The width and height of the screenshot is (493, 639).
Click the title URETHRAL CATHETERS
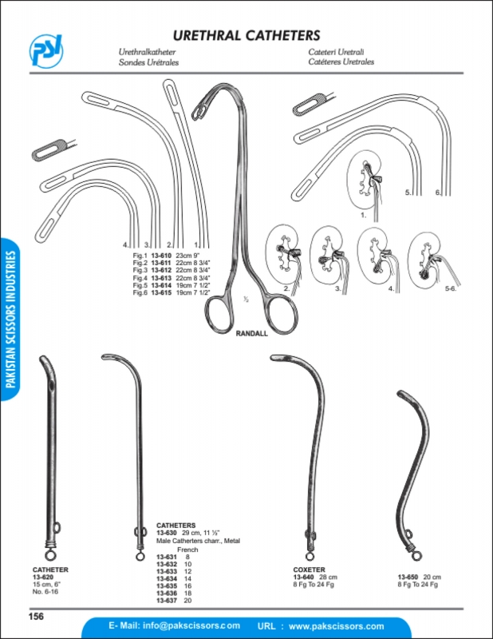(x=246, y=35)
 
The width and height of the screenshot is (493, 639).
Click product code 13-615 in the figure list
(x=162, y=293)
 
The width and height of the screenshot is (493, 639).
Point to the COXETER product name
(x=310, y=570)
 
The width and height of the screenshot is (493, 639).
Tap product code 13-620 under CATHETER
(x=42, y=577)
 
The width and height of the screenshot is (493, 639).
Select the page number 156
(x=36, y=615)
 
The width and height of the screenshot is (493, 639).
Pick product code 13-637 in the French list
(x=166, y=601)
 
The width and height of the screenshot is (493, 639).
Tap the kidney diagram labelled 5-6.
(x=427, y=257)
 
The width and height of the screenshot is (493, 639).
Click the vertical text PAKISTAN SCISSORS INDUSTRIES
(x=10, y=319)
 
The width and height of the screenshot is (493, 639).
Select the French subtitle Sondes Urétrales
(x=148, y=62)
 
